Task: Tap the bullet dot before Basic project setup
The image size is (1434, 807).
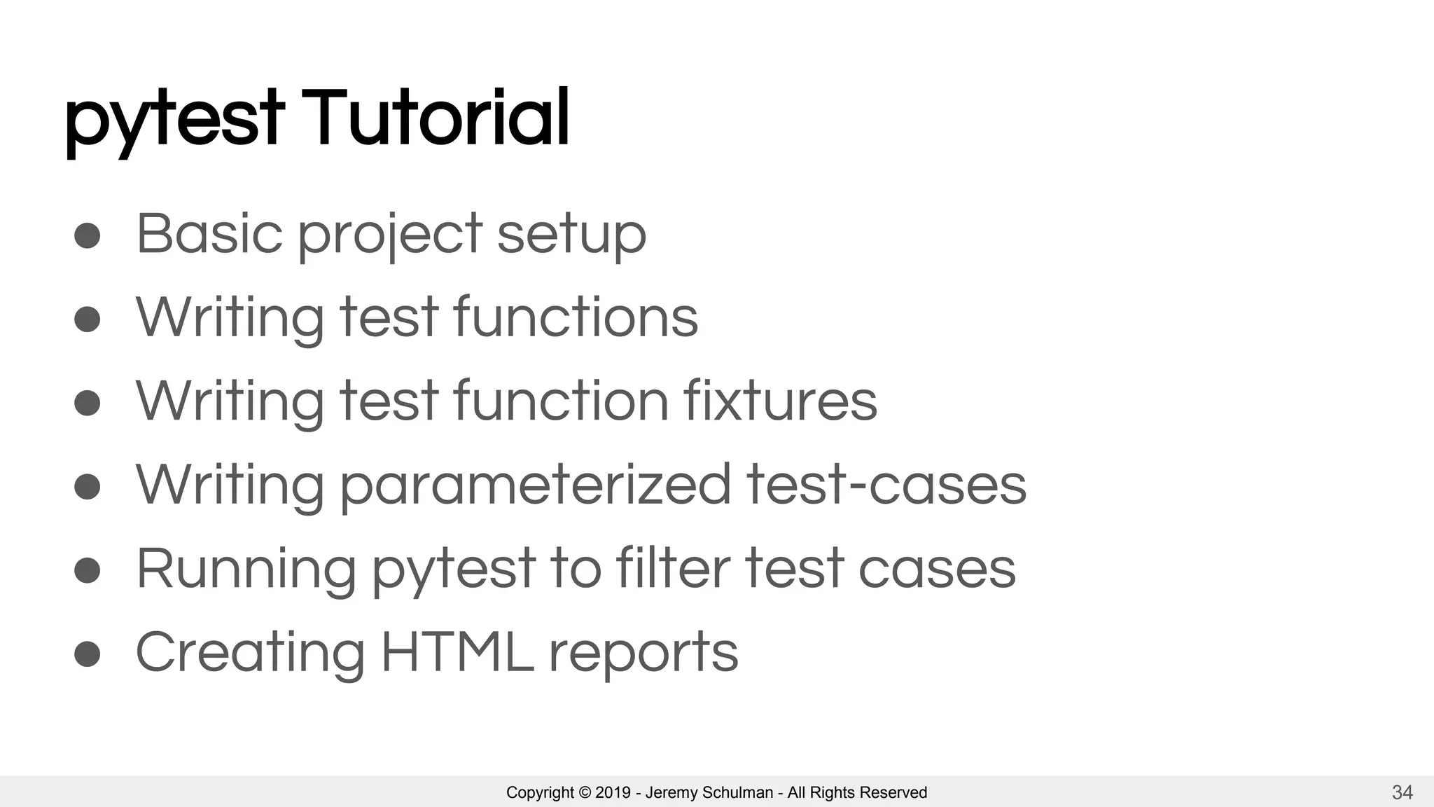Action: coord(88,235)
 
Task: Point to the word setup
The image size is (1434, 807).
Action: coord(571,236)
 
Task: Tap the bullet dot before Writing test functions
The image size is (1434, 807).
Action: coord(88,319)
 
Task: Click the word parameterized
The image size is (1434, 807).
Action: coord(536,486)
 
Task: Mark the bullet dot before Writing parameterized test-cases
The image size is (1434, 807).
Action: coord(88,487)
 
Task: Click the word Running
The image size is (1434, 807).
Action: coord(246,569)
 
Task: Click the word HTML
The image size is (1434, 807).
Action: coord(457,652)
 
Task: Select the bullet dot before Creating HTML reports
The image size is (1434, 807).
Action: coord(88,654)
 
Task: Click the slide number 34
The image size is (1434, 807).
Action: coord(1402,792)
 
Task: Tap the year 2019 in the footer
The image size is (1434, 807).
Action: coord(613,792)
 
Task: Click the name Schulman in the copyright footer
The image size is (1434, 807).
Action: coord(737,792)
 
